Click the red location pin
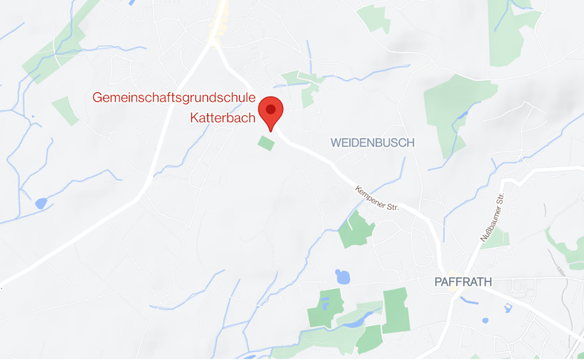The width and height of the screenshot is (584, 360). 271,113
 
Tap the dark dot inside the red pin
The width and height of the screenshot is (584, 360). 271,109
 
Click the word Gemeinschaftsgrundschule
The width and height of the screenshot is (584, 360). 174,98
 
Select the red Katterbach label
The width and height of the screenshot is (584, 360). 222,118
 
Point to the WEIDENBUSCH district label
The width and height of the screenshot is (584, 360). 372,143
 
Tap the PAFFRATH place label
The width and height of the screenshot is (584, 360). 463,282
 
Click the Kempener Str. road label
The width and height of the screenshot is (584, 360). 377,198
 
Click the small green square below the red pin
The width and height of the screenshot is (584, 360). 266,143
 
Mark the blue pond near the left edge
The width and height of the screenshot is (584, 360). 41,203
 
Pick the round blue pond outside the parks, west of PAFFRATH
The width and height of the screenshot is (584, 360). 342,276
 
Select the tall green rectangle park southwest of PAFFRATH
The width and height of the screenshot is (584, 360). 395,309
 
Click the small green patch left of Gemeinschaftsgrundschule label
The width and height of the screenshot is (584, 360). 65,110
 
